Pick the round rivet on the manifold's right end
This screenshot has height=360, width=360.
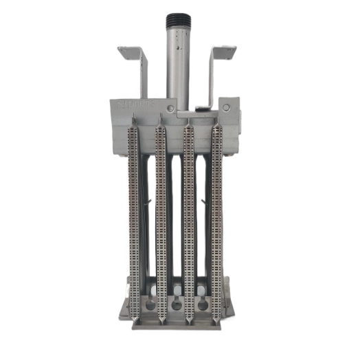pyautogui.click(x=226, y=107)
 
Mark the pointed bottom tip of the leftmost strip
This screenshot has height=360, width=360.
pyautogui.click(x=135, y=320)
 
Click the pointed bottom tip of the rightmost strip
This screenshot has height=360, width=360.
pyautogui.click(x=217, y=320)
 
